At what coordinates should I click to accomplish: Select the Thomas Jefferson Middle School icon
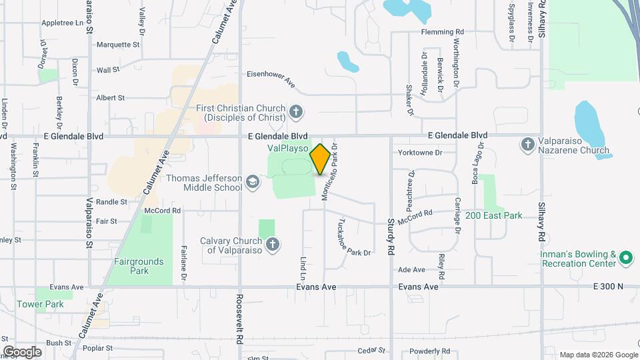click(253, 182)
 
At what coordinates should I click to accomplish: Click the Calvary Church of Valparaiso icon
click(272, 245)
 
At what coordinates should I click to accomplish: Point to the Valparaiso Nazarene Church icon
click(527, 144)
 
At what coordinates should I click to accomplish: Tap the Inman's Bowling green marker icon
click(625, 257)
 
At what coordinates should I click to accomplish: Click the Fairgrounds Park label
click(139, 266)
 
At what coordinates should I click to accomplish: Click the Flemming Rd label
click(442, 31)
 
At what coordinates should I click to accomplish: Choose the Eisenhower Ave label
click(271, 75)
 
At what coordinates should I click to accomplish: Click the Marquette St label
click(118, 45)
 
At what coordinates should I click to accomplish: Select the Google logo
click(22, 351)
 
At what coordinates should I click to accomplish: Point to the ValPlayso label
click(287, 147)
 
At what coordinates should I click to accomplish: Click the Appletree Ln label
click(66, 22)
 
